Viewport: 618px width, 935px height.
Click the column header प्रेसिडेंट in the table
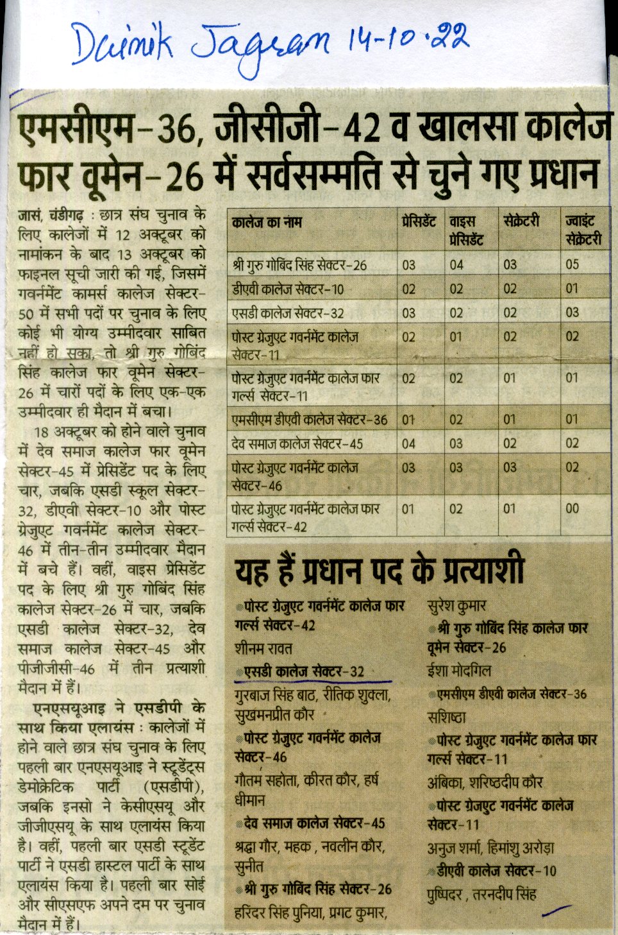pyautogui.click(x=419, y=222)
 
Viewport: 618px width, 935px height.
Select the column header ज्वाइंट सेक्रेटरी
pyautogui.click(x=583, y=230)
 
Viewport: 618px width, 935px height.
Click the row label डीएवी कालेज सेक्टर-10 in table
pyautogui.click(x=288, y=289)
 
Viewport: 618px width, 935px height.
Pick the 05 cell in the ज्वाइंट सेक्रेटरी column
pyautogui.click(x=572, y=264)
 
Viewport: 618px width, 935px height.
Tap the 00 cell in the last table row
pyautogui.click(x=572, y=509)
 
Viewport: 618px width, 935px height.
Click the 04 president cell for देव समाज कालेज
pyautogui.click(x=408, y=443)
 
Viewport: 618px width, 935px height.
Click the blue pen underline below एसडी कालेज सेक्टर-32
pyautogui.click(x=314, y=681)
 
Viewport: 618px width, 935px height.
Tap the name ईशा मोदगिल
pyautogui.click(x=459, y=671)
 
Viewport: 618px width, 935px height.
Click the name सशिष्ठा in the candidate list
pyautogui.click(x=446, y=717)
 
